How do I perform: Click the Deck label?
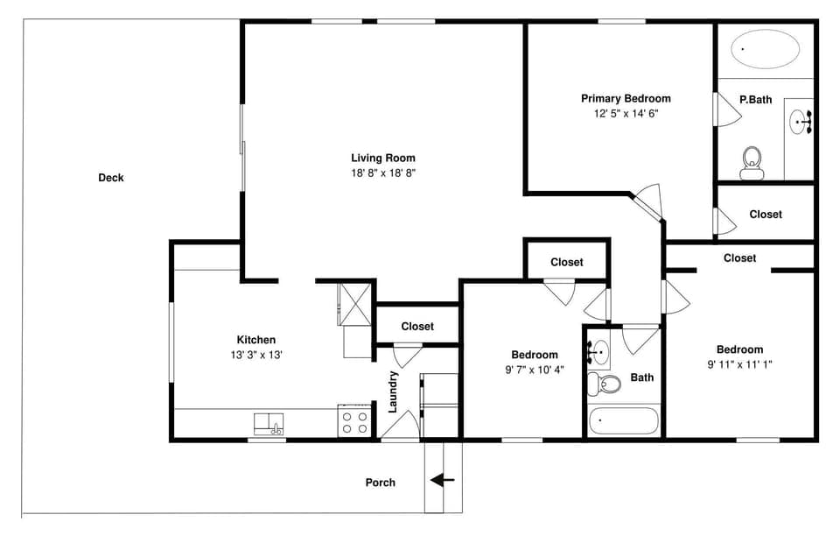pyautogui.click(x=111, y=178)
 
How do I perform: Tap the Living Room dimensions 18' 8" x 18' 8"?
pyautogui.click(x=383, y=173)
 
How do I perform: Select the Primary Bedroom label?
pyautogui.click(x=626, y=99)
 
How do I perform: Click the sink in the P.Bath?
pyautogui.click(x=800, y=122)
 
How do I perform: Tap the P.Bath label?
pyautogui.click(x=755, y=100)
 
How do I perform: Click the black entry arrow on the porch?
pyautogui.click(x=443, y=480)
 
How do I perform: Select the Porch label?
pyautogui.click(x=380, y=483)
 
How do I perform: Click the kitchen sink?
pyautogui.click(x=269, y=424)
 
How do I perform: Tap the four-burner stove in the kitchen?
pyautogui.click(x=354, y=423)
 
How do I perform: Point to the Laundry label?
pyautogui.click(x=394, y=391)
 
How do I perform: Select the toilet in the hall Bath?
pyautogui.click(x=603, y=383)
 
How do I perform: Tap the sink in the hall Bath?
pyautogui.click(x=600, y=353)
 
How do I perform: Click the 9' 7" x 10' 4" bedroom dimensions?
pyautogui.click(x=535, y=370)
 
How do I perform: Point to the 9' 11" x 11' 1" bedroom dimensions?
pyautogui.click(x=739, y=363)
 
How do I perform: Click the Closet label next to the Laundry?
pyautogui.click(x=417, y=327)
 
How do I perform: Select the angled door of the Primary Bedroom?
pyautogui.click(x=648, y=202)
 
